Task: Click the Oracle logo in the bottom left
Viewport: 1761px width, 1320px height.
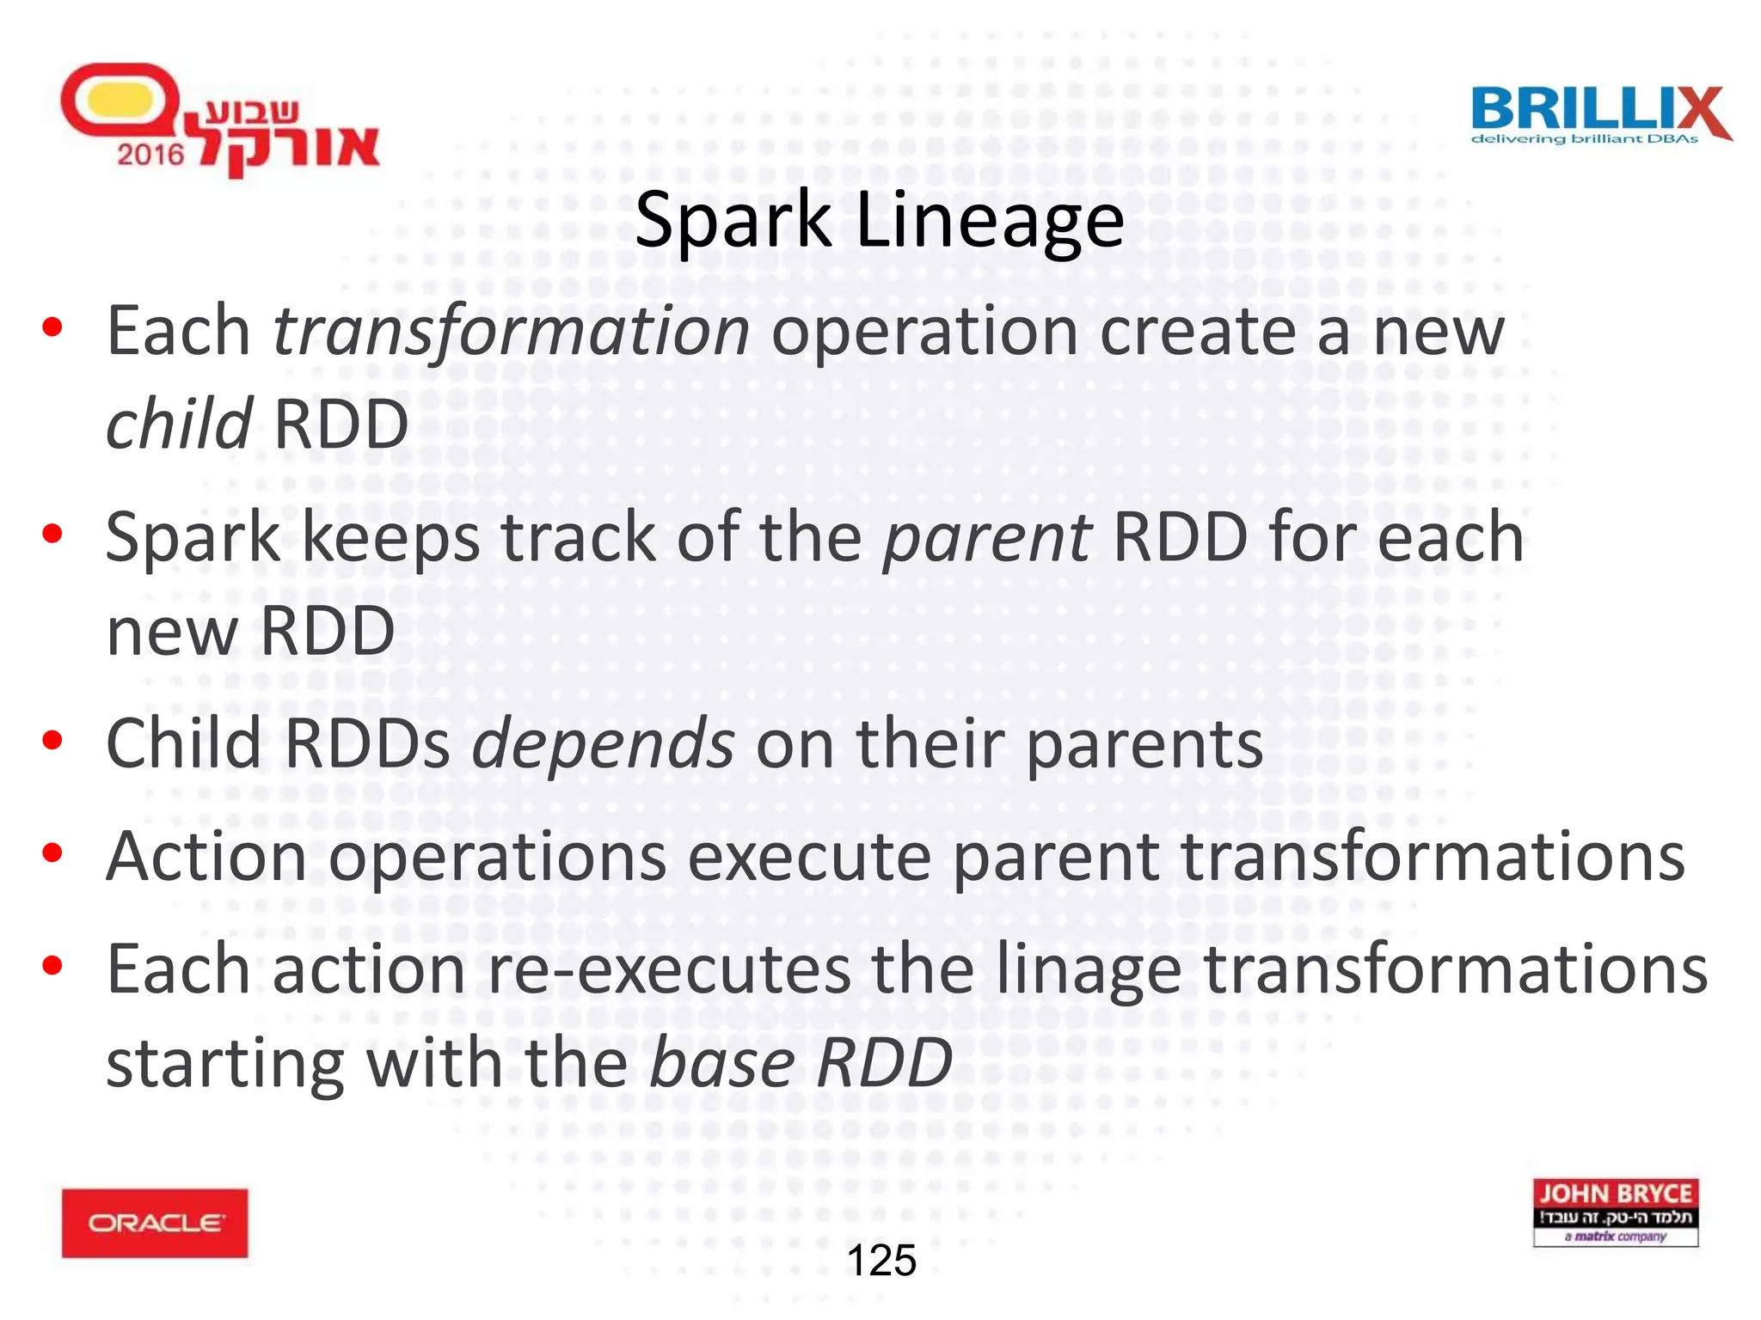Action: tap(155, 1222)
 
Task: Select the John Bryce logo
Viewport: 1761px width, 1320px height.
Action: tap(1615, 1212)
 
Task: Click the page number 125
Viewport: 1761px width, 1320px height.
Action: tap(881, 1261)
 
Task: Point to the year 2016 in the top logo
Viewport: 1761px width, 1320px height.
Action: tap(150, 155)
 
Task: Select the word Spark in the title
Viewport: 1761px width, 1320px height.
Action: tap(733, 221)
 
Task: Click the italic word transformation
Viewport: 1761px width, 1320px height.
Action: tap(511, 332)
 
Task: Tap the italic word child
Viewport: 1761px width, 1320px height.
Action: tap(178, 425)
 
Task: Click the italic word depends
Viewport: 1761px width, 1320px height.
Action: tap(603, 743)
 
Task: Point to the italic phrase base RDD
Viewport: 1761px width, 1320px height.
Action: tap(801, 1063)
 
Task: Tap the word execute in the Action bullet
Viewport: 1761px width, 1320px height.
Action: tap(809, 857)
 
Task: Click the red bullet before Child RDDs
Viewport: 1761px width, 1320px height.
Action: tap(52, 741)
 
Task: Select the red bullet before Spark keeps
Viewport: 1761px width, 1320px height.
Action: tap(52, 535)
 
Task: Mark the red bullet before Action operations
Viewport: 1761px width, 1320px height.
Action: tap(52, 852)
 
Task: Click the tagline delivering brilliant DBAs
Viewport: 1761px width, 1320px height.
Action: tap(1584, 139)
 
